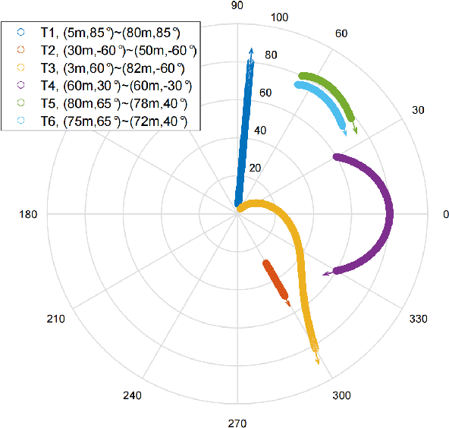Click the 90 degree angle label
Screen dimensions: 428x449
click(x=237, y=6)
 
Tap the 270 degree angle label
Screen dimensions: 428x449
click(x=237, y=423)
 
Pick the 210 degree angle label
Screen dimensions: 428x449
click(x=55, y=319)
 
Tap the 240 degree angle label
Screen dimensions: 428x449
click(x=132, y=396)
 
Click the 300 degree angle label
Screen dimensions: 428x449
click(x=341, y=396)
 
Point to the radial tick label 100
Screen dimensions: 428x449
click(x=279, y=18)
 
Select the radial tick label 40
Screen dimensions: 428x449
click(x=261, y=131)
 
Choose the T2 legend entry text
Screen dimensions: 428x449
click(x=118, y=49)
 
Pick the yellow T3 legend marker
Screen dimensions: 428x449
click(x=20, y=68)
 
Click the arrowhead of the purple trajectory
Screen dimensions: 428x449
click(x=326, y=273)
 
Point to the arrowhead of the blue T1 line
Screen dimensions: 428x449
click(x=251, y=52)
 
